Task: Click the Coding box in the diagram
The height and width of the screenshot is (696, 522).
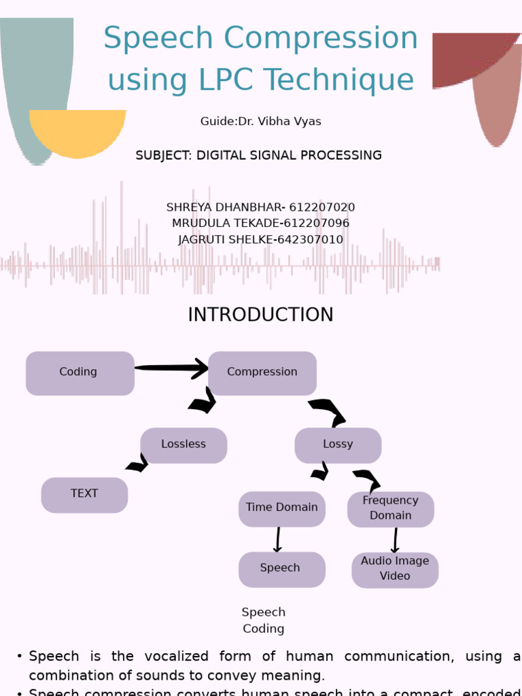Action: pos(80,373)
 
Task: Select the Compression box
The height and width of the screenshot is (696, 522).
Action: pos(262,373)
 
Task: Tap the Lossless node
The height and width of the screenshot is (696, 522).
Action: pos(184,445)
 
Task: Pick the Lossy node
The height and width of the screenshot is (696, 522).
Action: pos(338,445)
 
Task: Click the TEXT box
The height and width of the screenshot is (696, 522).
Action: pos(84,495)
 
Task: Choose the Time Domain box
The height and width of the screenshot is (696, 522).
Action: pos(281,508)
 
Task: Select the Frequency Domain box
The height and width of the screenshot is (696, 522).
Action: pos(390,509)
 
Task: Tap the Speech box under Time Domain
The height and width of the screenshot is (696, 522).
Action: pos(281,569)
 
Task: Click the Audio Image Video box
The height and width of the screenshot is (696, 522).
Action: pos(395,570)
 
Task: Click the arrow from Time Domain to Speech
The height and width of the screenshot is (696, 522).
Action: pos(278,540)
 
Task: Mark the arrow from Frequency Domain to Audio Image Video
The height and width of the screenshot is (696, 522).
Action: pos(395,540)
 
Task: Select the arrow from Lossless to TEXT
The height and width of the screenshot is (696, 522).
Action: pos(138,464)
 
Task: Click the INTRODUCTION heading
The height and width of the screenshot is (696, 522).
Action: pos(260,315)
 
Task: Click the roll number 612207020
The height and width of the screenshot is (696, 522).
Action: pos(321,207)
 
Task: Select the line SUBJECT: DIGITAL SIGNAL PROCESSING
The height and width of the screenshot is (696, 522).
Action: pos(258,156)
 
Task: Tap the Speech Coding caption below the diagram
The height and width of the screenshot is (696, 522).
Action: pos(264,621)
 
